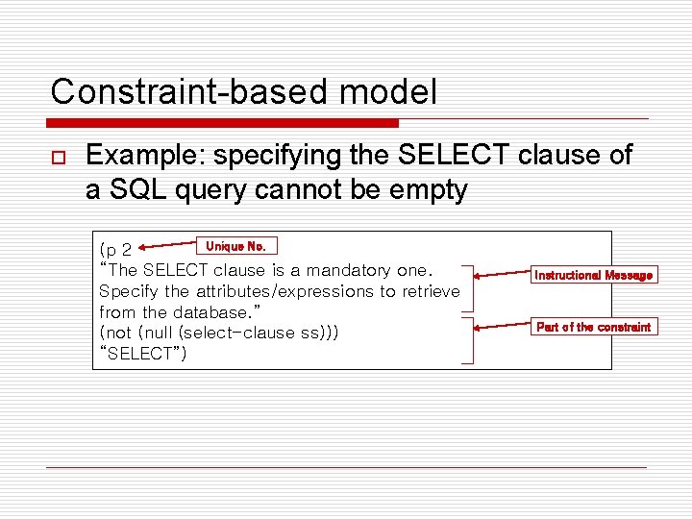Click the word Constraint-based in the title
(x=179, y=92)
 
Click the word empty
(x=417, y=190)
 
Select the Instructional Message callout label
(x=593, y=275)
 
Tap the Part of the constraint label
(x=593, y=327)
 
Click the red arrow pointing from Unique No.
(x=167, y=251)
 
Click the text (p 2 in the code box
(x=115, y=251)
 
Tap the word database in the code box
(x=209, y=312)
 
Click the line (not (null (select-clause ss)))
(x=218, y=333)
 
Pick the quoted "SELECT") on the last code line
(x=143, y=354)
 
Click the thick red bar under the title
(x=223, y=123)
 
